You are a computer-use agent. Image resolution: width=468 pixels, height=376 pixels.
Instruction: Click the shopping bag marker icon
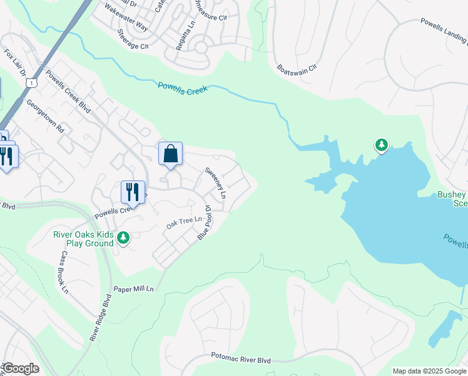(x=170, y=154)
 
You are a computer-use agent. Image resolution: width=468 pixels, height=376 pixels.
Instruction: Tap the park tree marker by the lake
(x=381, y=145)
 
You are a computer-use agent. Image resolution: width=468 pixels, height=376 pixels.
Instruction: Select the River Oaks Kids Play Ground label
(x=83, y=239)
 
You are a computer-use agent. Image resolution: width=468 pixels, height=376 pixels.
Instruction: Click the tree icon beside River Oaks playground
(x=124, y=237)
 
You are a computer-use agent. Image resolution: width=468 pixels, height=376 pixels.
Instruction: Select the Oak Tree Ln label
(x=184, y=220)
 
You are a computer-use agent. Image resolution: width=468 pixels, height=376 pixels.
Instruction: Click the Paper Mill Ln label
(x=133, y=289)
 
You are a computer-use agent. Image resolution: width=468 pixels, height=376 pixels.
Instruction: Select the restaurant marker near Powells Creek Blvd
(x=132, y=191)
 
